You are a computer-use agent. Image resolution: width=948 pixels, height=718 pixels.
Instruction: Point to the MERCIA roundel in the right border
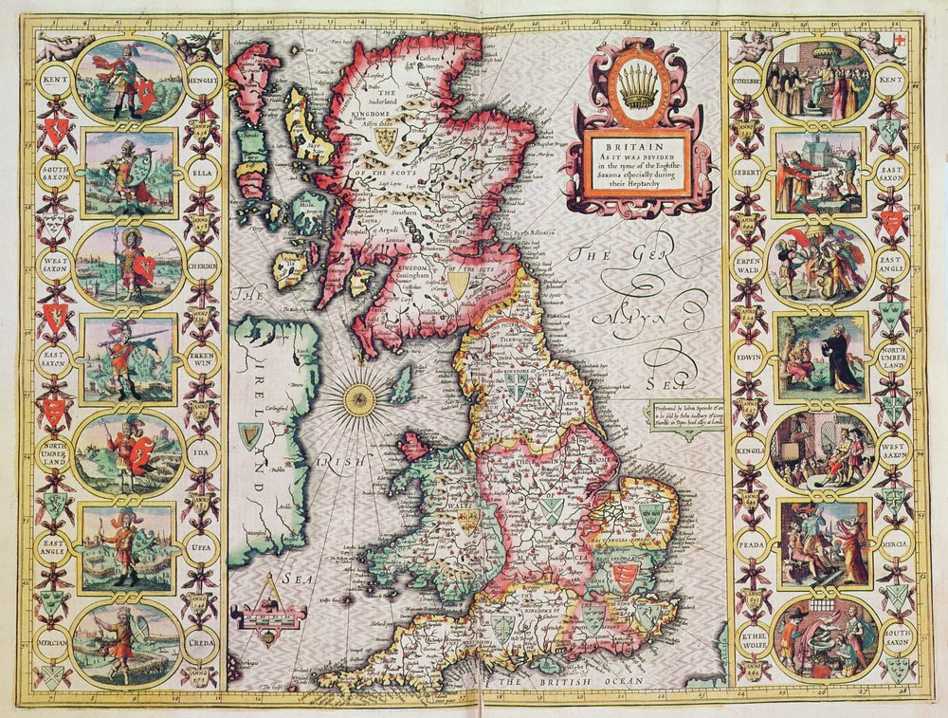893,547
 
